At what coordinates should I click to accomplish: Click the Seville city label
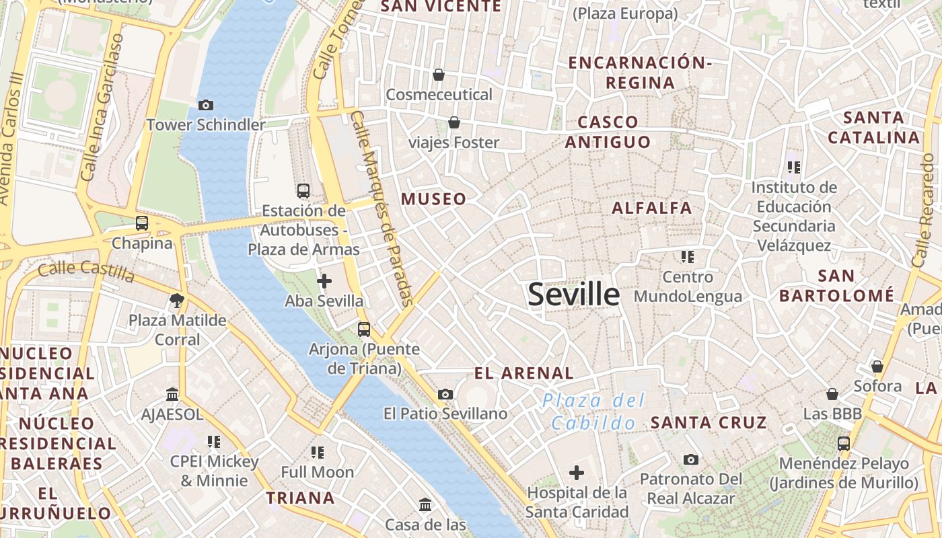point(574,295)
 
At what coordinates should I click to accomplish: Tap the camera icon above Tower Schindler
point(206,105)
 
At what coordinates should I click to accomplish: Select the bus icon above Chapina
point(142,223)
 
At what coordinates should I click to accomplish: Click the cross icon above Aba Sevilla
point(324,281)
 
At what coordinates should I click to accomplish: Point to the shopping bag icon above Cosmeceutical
point(439,75)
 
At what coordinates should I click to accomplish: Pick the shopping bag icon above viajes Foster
point(454,122)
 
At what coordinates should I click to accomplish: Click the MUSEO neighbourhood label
point(433,199)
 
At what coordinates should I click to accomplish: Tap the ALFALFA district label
point(651,208)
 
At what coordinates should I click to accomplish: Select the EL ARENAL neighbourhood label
point(523,373)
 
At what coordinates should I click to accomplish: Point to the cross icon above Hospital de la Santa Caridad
point(577,473)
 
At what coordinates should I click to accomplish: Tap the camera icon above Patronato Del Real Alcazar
point(690,459)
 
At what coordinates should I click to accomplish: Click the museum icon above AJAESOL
point(172,394)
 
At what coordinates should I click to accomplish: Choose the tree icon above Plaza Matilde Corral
point(177,300)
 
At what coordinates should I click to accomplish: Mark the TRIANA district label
point(300,498)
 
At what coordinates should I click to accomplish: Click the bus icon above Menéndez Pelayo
point(844,444)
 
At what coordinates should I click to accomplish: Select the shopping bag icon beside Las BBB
point(832,394)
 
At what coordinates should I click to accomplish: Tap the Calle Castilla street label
point(86,270)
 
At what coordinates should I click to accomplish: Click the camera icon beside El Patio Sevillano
point(445,394)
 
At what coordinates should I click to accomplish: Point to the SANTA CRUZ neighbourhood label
point(709,422)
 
